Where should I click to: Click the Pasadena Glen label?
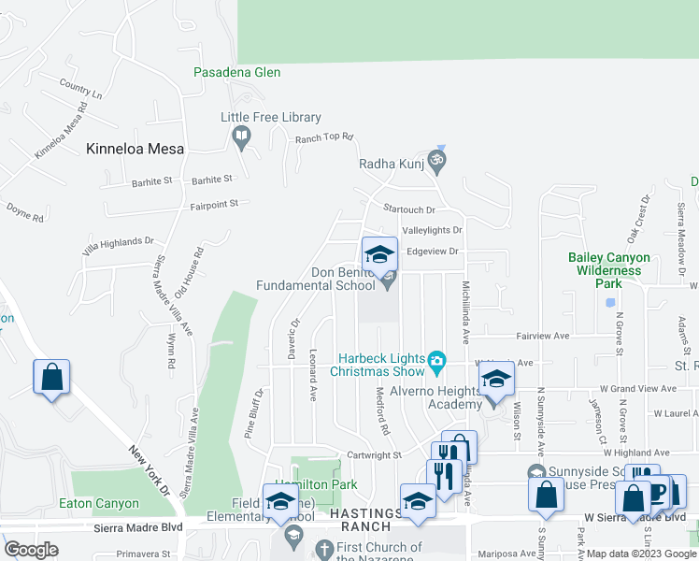[x=236, y=72]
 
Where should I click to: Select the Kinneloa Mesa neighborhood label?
[x=135, y=149]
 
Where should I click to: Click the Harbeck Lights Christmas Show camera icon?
[x=435, y=360]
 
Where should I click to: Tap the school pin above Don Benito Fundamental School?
[x=379, y=255]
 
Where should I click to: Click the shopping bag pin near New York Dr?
[x=52, y=379]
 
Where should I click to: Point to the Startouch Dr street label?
[x=410, y=210]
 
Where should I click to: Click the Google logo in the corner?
[x=31, y=550]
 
